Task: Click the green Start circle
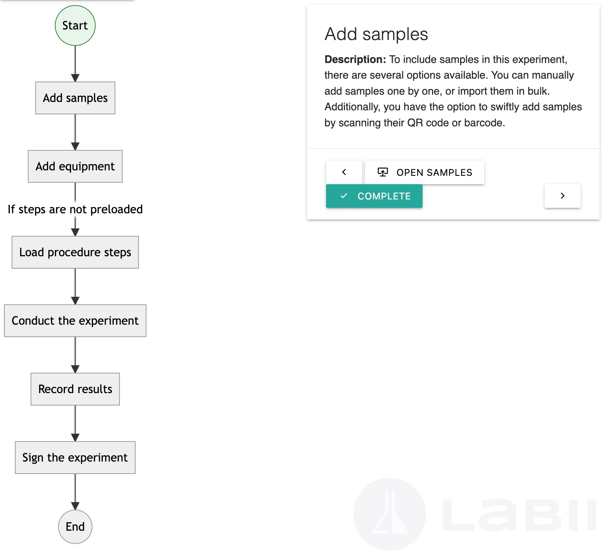tap(75, 25)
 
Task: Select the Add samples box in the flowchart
tap(75, 98)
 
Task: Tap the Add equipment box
tap(75, 166)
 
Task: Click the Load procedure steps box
tap(75, 252)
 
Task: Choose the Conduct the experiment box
tap(75, 321)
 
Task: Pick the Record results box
tap(75, 389)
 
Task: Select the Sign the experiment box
tap(75, 458)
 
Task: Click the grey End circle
tap(75, 527)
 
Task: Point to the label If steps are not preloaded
tap(75, 209)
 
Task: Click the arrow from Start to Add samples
tap(75, 64)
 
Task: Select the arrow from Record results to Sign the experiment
tap(75, 423)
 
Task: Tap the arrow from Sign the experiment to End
tap(75, 491)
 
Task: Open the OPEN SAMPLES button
tap(425, 172)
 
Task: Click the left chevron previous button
tap(344, 172)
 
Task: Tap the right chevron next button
tap(562, 196)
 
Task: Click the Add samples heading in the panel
tap(376, 34)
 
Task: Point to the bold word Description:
tap(355, 59)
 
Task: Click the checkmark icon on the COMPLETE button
tap(344, 196)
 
